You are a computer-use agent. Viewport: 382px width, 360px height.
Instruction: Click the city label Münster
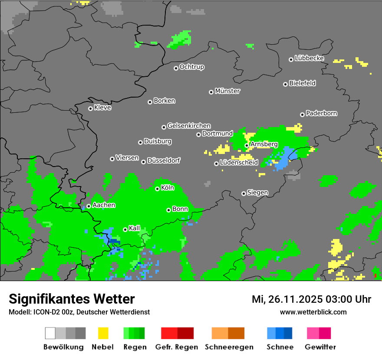(227, 91)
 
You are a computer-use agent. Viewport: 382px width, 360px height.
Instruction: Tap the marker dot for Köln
(157, 189)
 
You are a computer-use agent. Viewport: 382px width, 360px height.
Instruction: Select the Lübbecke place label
(310, 58)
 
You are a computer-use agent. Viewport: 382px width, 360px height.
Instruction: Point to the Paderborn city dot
(302, 115)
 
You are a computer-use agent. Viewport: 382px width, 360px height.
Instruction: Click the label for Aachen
(104, 205)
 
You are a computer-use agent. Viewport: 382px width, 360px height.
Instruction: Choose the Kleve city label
(102, 108)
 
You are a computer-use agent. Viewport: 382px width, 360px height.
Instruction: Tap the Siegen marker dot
(244, 193)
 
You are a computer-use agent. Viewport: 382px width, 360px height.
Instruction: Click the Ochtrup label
(192, 67)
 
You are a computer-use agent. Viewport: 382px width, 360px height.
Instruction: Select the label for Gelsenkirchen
(189, 126)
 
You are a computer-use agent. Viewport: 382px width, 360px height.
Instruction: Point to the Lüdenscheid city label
(239, 163)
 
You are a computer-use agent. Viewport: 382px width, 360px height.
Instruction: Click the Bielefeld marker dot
(285, 84)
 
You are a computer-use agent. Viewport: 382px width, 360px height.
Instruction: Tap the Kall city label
(135, 228)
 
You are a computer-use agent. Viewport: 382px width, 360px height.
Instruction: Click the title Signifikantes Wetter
(72, 299)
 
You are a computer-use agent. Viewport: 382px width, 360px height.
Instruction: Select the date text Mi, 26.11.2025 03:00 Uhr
(311, 299)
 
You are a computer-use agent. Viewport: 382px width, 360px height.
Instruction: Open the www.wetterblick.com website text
(313, 312)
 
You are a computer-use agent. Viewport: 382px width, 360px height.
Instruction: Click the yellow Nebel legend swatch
(103, 333)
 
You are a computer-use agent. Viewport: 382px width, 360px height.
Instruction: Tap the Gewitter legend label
(320, 347)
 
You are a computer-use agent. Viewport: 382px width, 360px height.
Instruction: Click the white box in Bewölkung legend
(50, 333)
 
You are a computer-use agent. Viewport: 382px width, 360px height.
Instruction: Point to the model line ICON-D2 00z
(79, 312)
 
